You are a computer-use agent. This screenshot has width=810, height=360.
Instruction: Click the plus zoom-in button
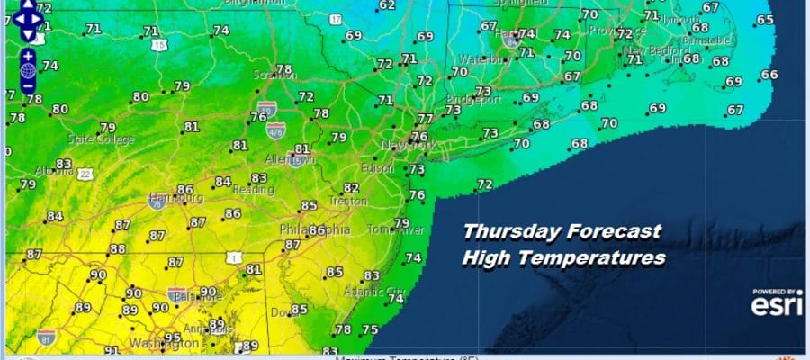click(x=28, y=55)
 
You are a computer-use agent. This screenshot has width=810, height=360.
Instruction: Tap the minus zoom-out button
click(x=28, y=86)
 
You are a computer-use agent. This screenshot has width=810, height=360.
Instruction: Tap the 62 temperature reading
click(x=387, y=5)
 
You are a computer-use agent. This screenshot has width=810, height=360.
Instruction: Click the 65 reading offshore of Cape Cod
click(x=765, y=20)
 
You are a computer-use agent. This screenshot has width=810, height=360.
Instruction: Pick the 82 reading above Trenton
click(x=352, y=188)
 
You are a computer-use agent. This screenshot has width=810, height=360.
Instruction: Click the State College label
click(x=102, y=139)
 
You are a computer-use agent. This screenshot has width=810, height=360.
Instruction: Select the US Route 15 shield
click(x=160, y=44)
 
